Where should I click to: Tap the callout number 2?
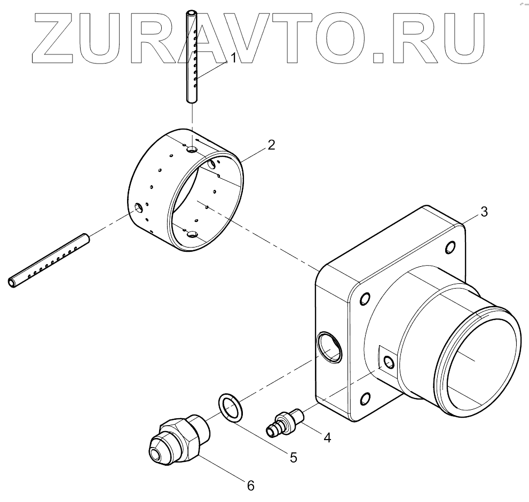(271, 145)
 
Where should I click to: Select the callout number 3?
(484, 211)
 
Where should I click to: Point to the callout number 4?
(327, 437)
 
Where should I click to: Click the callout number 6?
(250, 485)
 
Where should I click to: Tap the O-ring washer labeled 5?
(230, 408)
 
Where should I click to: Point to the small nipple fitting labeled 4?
(286, 421)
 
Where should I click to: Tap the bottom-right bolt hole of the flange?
(366, 398)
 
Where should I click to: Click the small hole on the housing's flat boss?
(389, 363)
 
